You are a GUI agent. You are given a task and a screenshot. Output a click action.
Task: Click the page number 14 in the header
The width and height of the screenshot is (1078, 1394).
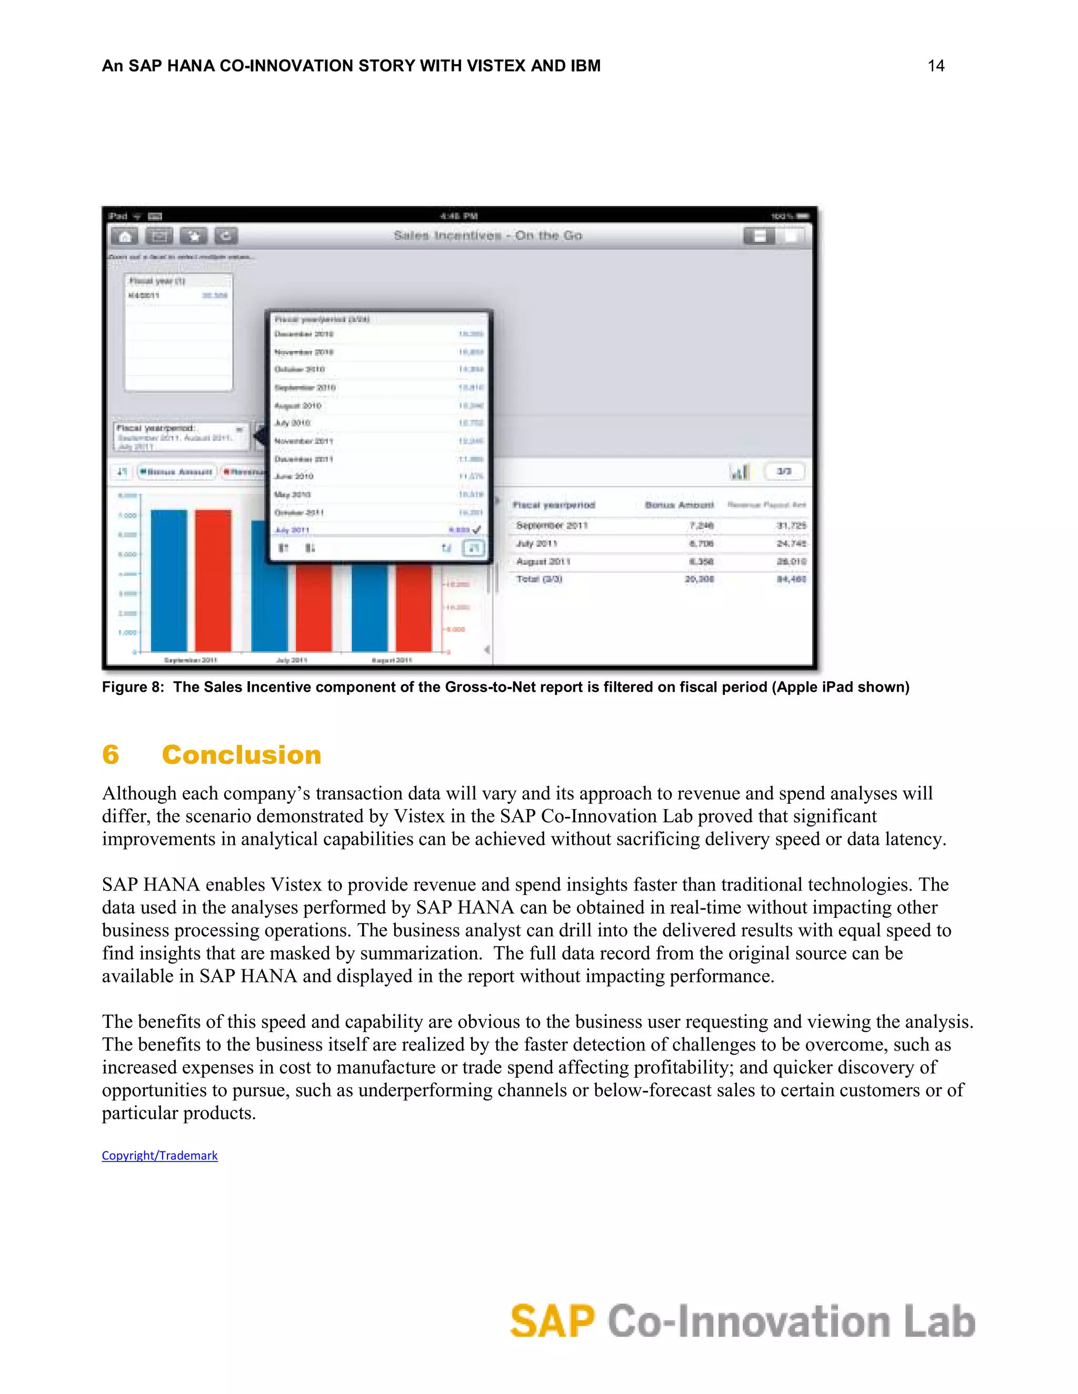[x=935, y=66]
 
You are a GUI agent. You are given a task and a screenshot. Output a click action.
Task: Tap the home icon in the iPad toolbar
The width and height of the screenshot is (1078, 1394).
[x=125, y=236]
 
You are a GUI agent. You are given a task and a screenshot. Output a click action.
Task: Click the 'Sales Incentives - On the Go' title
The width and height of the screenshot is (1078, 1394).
[x=488, y=236]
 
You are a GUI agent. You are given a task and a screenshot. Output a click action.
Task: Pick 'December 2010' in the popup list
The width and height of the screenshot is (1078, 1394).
[x=304, y=334]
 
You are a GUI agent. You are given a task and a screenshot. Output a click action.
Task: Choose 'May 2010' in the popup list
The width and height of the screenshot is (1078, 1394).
[x=293, y=494]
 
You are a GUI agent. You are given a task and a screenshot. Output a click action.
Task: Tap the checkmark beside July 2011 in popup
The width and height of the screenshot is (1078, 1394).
[x=476, y=530]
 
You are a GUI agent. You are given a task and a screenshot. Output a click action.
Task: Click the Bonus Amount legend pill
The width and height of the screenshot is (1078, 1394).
[x=177, y=472]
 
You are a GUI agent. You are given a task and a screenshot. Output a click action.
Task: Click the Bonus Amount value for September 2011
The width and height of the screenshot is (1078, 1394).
[x=701, y=526]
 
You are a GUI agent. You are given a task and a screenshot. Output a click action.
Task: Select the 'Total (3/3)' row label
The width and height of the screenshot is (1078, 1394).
[x=539, y=579]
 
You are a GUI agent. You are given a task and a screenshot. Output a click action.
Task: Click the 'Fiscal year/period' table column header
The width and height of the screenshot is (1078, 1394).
[x=554, y=505]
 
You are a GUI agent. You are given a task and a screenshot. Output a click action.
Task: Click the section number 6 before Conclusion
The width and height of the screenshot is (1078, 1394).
[x=111, y=754]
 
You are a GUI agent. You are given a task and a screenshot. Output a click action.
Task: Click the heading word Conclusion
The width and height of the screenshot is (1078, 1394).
[x=242, y=754]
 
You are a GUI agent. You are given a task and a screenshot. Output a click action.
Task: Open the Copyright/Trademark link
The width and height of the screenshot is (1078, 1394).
[x=159, y=1155]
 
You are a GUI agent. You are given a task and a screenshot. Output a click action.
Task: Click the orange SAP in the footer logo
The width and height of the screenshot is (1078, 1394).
[x=552, y=1321]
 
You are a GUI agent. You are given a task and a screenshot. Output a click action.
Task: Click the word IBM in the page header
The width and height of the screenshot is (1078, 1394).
[x=584, y=66]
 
